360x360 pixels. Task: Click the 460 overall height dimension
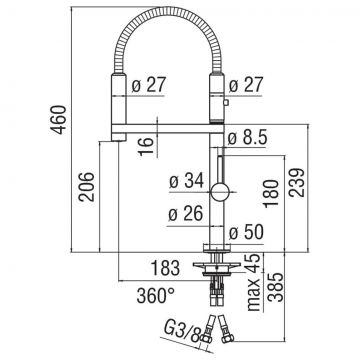coord(59,120)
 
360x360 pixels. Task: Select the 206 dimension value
coord(87,187)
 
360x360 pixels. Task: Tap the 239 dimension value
coord(297,183)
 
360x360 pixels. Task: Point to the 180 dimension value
coord(271,193)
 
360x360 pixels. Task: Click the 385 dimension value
coord(276,287)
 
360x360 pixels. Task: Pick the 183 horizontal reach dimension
coord(165,268)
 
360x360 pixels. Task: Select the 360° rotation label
coord(156,295)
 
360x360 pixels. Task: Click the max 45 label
coord(254,282)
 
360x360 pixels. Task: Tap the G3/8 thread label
coord(183,332)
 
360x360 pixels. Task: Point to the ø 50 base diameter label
coord(246,232)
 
